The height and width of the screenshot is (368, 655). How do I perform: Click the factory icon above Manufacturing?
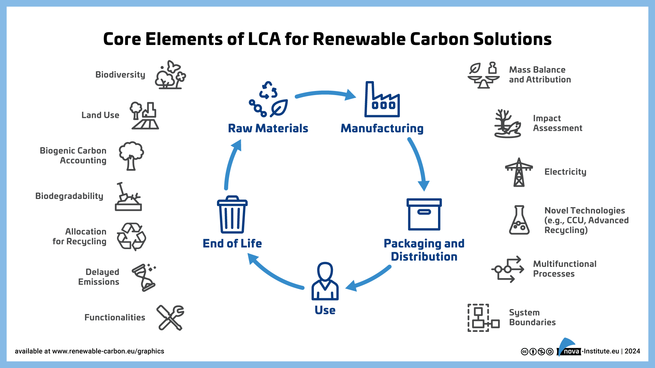(382, 100)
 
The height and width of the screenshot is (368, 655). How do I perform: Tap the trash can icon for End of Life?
(232, 215)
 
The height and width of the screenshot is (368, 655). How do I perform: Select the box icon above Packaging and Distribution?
(424, 215)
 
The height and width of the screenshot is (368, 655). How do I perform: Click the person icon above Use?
(325, 281)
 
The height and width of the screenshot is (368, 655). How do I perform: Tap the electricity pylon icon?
(519, 172)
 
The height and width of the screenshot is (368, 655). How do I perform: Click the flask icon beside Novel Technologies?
(519, 220)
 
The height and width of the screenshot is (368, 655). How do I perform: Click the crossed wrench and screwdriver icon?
(170, 318)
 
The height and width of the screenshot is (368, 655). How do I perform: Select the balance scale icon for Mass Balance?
(483, 76)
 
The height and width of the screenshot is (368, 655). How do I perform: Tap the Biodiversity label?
(120, 75)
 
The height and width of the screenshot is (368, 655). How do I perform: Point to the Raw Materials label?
(268, 128)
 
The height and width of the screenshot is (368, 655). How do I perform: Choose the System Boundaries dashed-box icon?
(483, 318)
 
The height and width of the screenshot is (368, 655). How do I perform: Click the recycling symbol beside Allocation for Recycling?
(131, 236)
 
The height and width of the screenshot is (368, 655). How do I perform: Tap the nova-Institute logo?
(569, 348)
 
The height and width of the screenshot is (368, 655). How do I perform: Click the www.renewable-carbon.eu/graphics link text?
(108, 351)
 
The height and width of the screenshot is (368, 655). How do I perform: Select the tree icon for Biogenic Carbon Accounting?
(131, 156)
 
